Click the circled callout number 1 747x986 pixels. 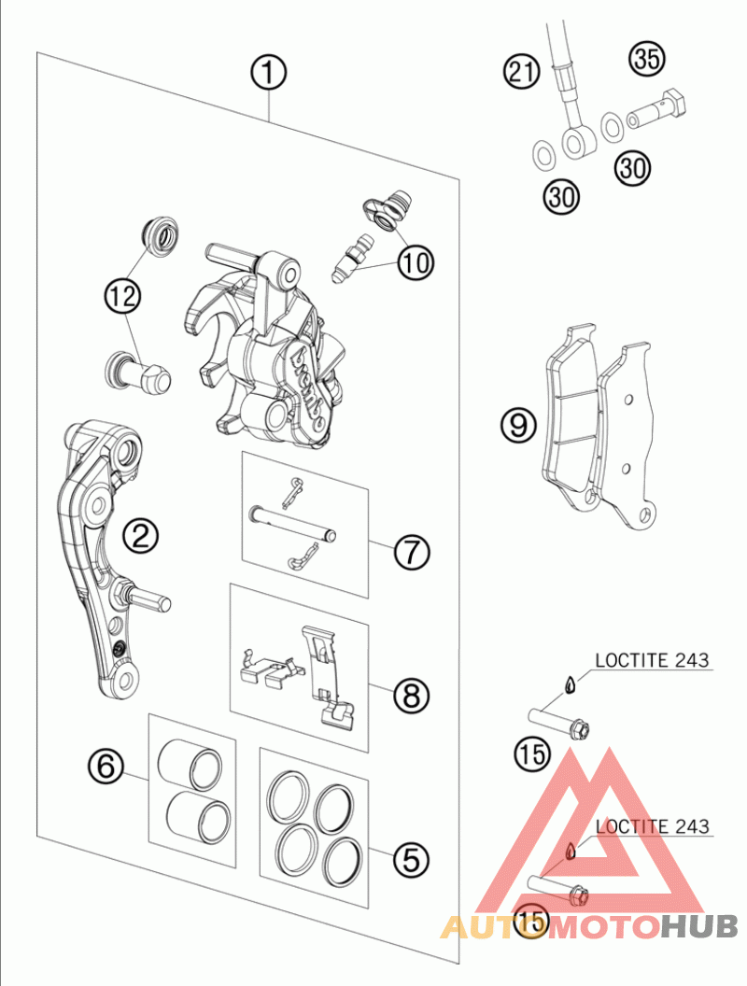268,71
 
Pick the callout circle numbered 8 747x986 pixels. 411,694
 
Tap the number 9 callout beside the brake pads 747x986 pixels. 518,426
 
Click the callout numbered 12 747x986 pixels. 122,297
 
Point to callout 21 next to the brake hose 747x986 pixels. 523,71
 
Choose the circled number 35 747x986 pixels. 646,59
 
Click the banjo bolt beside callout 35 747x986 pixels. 657,108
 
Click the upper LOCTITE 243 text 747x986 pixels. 652,661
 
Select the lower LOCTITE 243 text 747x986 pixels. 652,826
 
